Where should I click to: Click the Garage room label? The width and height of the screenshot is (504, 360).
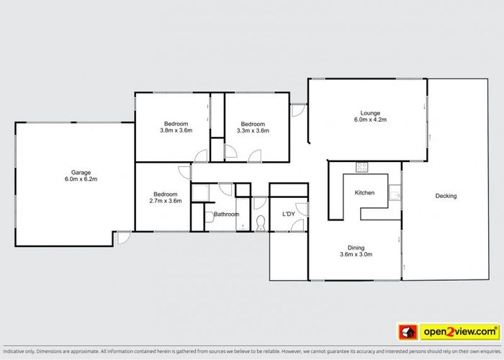pos(81,173)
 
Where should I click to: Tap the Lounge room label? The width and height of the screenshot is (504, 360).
pos(370,113)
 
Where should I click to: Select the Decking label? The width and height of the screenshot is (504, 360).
pos(446,196)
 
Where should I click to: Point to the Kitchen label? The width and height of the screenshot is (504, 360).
pos(364,193)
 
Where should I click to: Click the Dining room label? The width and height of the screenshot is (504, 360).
pos(356,248)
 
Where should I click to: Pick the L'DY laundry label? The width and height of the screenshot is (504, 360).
pos(289,214)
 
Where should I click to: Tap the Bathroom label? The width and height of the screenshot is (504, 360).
pos(226,214)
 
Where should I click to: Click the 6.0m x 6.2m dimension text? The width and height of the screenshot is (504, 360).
pos(81,179)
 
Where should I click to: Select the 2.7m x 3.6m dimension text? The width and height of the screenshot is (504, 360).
pos(166,201)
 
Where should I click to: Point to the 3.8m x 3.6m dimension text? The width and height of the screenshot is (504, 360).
pos(176,130)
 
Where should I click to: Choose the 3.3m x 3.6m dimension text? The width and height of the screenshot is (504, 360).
pos(253,131)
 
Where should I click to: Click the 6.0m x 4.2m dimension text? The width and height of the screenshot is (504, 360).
pos(370,120)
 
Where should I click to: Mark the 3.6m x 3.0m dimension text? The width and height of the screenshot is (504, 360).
pos(356,254)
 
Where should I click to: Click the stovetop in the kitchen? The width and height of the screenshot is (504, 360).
pos(362,167)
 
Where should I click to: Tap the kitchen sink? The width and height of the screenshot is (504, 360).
pos(395,192)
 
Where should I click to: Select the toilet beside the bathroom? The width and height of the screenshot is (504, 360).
pos(261,223)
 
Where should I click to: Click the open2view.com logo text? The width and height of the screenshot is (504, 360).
pos(460,332)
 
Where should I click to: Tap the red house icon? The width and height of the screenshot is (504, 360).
pos(408,332)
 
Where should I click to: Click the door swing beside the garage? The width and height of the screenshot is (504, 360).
pos(124,238)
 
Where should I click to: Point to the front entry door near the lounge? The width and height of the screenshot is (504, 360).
pos(298,110)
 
